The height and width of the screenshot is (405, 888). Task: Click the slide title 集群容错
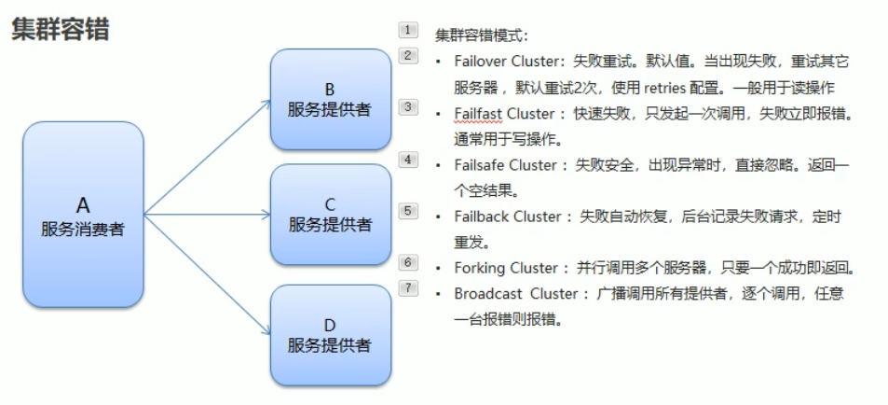point(61,29)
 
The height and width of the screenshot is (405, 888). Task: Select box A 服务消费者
point(83,215)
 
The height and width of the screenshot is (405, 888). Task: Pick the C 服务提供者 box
point(329,215)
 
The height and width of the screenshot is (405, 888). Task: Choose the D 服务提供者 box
point(329,334)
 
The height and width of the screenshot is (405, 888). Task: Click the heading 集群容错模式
point(481,36)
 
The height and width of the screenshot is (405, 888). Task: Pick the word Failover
point(479,62)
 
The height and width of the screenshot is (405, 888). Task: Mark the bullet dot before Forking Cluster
point(438,268)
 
